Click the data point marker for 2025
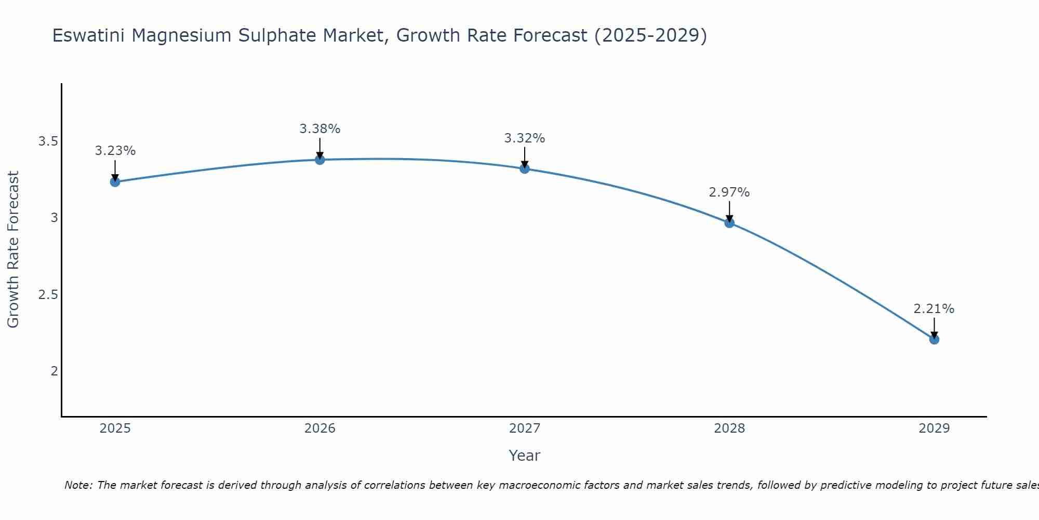click(x=115, y=181)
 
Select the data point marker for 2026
click(x=320, y=160)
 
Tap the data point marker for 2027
click(x=525, y=168)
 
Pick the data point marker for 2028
click(x=729, y=223)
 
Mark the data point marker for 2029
click(x=934, y=339)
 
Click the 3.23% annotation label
click(x=115, y=151)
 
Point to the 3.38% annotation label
click(x=320, y=128)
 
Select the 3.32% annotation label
click(x=525, y=138)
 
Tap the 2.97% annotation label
click(x=729, y=192)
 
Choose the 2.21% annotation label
click(x=934, y=309)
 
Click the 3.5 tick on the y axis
click(x=48, y=141)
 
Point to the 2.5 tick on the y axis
click(x=48, y=294)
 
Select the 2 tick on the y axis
click(x=54, y=371)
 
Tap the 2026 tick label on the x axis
click(x=320, y=428)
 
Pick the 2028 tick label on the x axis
click(x=729, y=428)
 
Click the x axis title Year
click(x=525, y=456)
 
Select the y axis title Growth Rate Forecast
click(x=13, y=249)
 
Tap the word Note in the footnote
click(x=77, y=485)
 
